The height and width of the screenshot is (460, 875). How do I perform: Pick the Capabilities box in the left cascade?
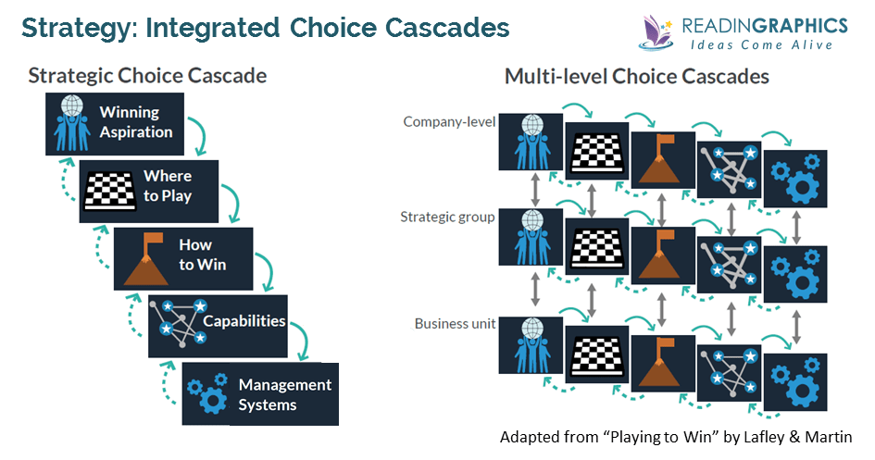tap(218, 325)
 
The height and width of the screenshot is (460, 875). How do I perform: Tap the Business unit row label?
tap(455, 323)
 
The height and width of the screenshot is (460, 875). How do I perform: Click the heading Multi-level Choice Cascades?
tap(636, 77)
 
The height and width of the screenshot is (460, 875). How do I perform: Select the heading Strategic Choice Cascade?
tap(147, 75)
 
